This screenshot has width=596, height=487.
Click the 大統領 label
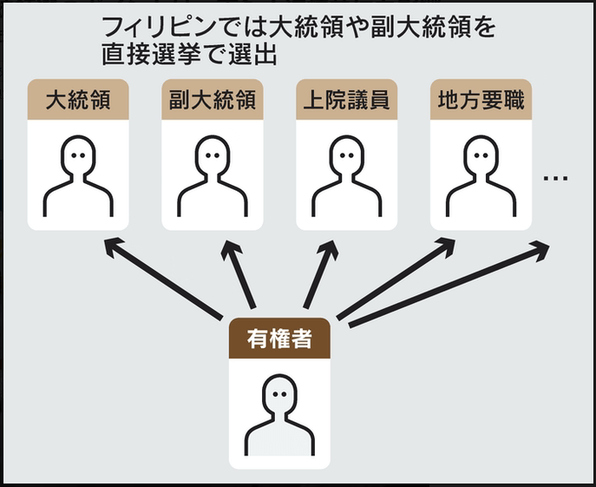[77, 100]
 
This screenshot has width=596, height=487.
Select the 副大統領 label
[212, 100]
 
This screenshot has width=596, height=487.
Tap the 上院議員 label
[346, 100]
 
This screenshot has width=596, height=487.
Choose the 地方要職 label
[481, 100]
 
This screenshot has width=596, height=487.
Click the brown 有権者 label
[279, 338]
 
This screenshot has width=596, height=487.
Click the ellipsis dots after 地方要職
[555, 178]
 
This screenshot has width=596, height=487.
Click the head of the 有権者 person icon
[279, 394]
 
